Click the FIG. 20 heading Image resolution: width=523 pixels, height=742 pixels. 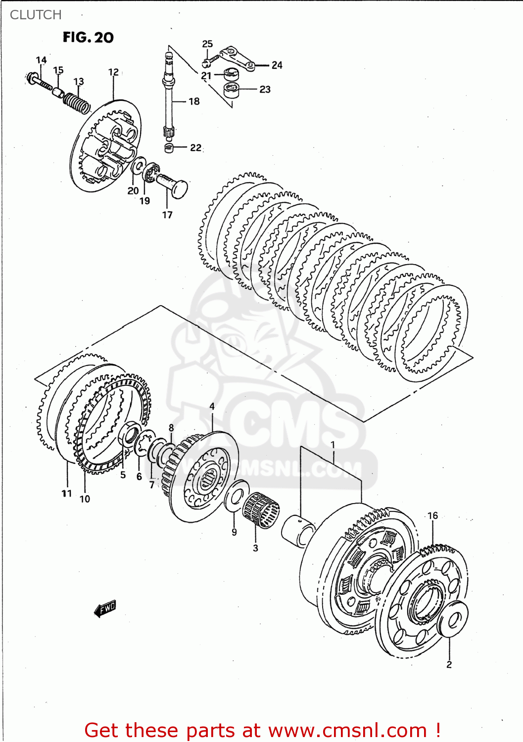(88, 38)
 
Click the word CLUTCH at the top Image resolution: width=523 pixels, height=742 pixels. (36, 15)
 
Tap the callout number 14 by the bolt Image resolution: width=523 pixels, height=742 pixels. (41, 60)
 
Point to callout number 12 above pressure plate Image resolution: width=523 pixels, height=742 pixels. (113, 72)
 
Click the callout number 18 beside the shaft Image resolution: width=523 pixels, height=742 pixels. (194, 101)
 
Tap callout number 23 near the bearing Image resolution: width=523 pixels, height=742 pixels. (265, 90)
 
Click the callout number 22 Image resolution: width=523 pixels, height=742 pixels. (196, 147)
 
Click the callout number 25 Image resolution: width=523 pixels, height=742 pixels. (207, 44)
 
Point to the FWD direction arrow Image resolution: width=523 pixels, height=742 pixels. (105, 608)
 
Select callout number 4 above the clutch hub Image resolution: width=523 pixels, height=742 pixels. (212, 407)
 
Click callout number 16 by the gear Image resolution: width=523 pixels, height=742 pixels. (433, 515)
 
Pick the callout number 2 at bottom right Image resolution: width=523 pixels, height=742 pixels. (449, 664)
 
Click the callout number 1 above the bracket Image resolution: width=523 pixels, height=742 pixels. (333, 445)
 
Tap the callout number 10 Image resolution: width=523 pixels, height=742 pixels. (85, 499)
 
